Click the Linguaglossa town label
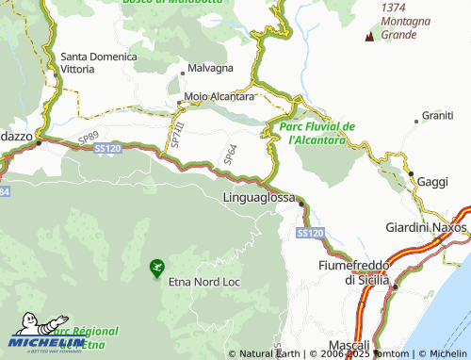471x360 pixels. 259,198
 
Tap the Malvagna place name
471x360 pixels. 210,69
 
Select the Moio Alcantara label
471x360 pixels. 219,96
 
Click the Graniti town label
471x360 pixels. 437,115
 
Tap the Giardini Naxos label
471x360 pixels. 427,228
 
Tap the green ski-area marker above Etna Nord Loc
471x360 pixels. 155,269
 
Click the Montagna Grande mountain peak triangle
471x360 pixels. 368,36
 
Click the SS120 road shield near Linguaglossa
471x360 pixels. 309,232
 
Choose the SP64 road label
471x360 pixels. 230,152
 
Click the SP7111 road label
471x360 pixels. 174,134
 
